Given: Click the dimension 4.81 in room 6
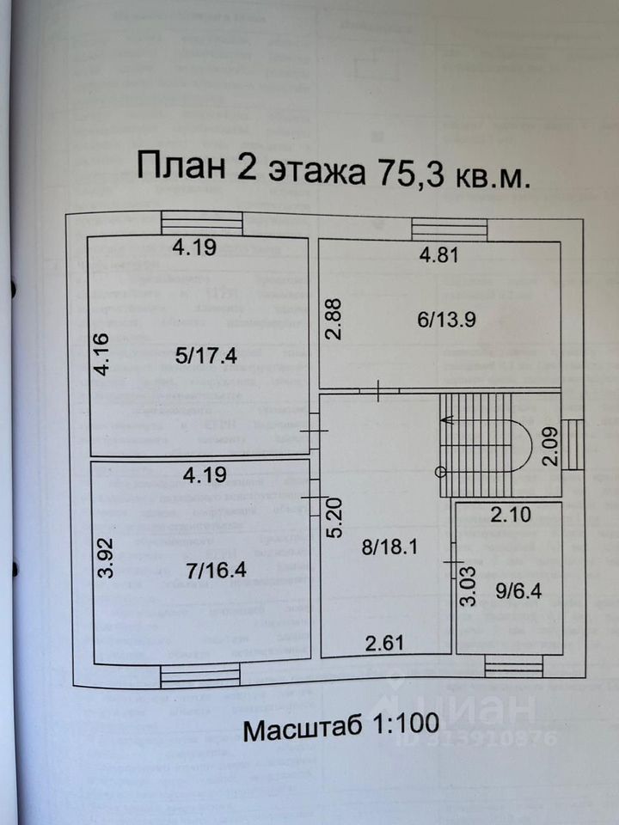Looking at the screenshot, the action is click(x=438, y=254).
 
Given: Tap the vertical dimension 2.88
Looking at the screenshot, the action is click(x=334, y=319).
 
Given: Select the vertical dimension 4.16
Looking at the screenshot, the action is click(x=101, y=355).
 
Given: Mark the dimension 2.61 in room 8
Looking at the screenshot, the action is click(x=380, y=641).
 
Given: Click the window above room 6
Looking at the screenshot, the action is click(x=449, y=229).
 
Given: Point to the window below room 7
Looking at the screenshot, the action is click(x=199, y=675).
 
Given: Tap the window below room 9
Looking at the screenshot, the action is click(x=512, y=667).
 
